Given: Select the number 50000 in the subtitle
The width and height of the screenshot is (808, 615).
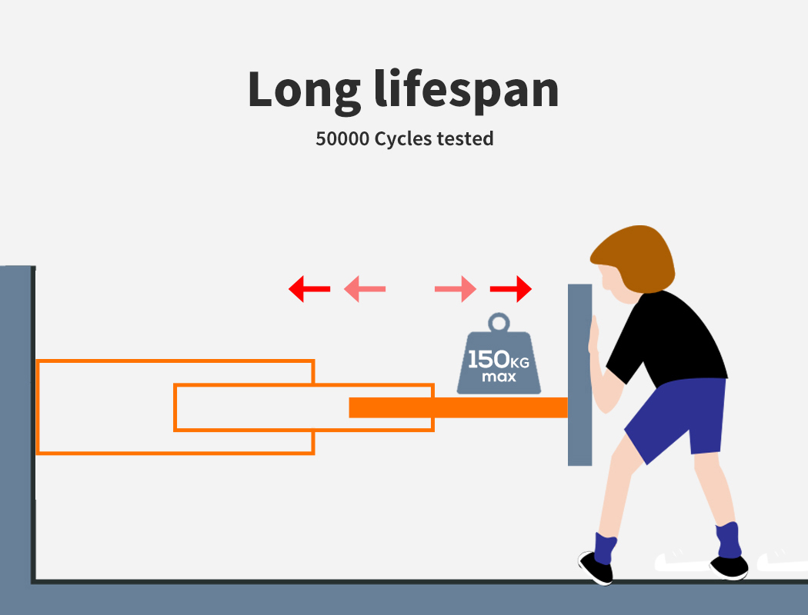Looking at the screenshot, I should (x=342, y=139).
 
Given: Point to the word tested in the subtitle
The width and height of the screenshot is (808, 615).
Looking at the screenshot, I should (x=465, y=139).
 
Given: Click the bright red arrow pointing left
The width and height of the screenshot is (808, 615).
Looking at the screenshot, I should (x=309, y=289).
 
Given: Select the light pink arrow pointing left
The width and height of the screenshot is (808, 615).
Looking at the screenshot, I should (x=364, y=289).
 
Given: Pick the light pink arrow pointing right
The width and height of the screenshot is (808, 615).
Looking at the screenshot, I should (x=456, y=289).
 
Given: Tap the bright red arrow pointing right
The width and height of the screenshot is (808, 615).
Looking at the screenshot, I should (x=511, y=289).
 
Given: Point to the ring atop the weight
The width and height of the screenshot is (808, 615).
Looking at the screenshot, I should (x=499, y=322).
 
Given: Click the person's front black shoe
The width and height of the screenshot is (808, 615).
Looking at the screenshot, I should (x=596, y=567).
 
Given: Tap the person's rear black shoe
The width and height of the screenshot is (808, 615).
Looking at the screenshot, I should (x=730, y=567).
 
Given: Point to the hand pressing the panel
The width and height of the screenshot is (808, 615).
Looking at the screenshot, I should (x=593, y=338).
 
